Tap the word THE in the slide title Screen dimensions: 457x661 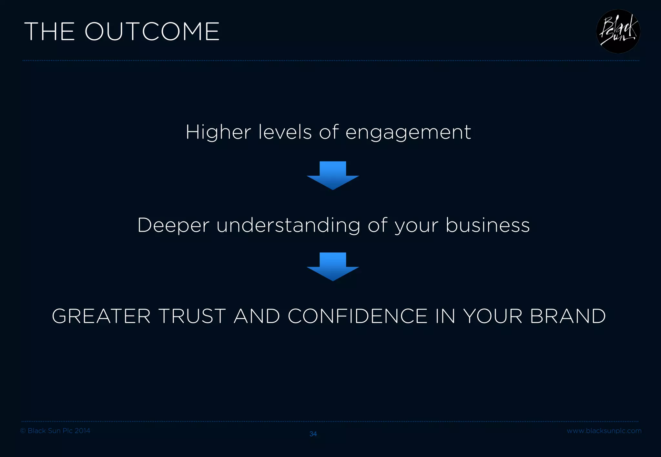coord(49,32)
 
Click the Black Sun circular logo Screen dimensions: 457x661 coord(618,32)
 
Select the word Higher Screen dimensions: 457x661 coord(218,132)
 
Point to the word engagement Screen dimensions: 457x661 coord(408,133)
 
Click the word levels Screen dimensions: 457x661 coord(285,132)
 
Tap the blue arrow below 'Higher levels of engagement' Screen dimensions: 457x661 coord(333,175)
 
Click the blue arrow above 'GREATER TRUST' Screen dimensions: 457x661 coord(333,266)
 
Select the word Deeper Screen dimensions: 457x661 coord(173,225)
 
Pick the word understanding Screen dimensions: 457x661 coord(288,225)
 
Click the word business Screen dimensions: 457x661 coord(488,225)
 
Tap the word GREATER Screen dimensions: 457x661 coord(101,316)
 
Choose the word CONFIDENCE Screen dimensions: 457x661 coord(358,316)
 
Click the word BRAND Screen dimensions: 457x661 coord(568,316)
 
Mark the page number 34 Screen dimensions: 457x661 coord(313,434)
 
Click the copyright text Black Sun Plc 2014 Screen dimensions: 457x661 coord(55,431)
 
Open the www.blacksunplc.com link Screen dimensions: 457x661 coord(604,431)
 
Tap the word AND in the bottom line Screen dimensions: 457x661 coord(257,316)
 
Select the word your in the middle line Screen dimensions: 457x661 coord(416,226)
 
